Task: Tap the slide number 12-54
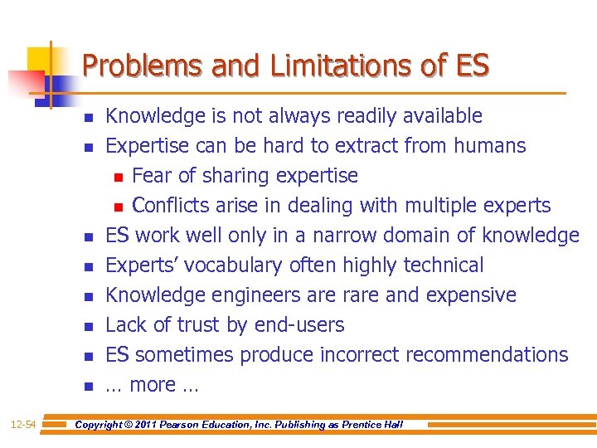pyautogui.click(x=23, y=425)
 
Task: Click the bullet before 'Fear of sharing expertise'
pyautogui.click(x=119, y=177)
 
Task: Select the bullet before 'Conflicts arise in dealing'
pyautogui.click(x=119, y=207)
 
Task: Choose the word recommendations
pyautogui.click(x=488, y=355)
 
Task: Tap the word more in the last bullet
pyautogui.click(x=153, y=385)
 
